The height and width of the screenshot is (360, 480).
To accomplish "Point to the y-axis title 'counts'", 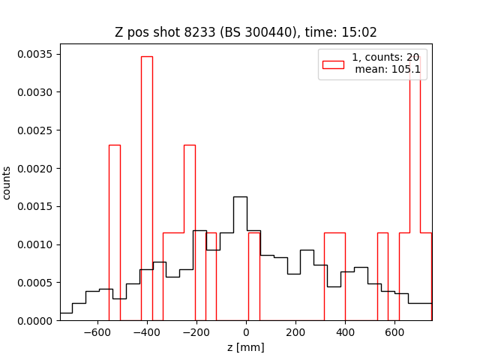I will point(7,182).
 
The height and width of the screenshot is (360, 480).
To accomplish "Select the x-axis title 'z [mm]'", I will point(246,347).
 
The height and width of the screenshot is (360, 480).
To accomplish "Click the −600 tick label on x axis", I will point(97,332).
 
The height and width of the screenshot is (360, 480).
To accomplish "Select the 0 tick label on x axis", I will point(246,332).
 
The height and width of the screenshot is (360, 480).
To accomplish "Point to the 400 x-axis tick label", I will point(345,332).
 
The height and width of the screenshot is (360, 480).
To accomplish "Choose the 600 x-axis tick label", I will point(395,332).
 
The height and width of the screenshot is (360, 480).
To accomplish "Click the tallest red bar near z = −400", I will point(146,187).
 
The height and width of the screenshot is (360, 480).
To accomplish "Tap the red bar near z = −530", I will point(114,232).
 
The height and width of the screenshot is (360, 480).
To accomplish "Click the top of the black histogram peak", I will point(240,197).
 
